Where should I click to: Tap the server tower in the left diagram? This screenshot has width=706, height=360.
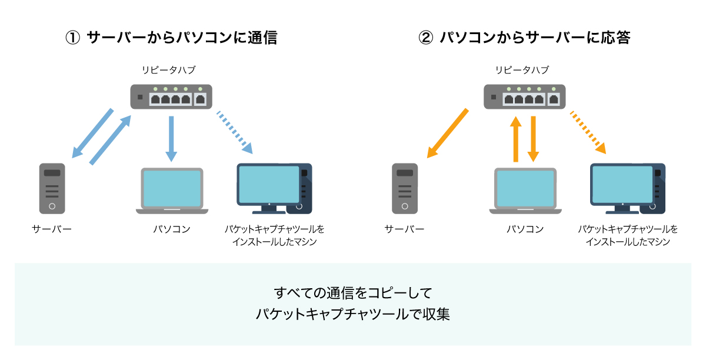click(x=52, y=188)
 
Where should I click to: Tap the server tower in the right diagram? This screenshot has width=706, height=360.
click(x=405, y=188)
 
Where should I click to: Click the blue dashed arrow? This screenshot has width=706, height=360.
click(x=235, y=131)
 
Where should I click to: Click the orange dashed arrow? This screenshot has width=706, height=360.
click(x=588, y=131)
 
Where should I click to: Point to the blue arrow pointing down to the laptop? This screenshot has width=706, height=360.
click(x=171, y=138)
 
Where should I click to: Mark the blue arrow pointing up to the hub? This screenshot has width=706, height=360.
click(x=110, y=139)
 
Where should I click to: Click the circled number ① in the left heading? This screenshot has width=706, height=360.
click(x=72, y=38)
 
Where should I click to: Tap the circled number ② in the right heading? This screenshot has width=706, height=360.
click(x=425, y=38)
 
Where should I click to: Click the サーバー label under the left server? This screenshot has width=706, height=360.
click(x=52, y=229)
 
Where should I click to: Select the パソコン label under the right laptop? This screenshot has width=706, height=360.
click(x=525, y=229)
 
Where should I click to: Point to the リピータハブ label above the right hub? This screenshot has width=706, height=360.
click(x=522, y=70)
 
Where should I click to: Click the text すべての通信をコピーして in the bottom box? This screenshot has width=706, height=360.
click(x=353, y=292)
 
